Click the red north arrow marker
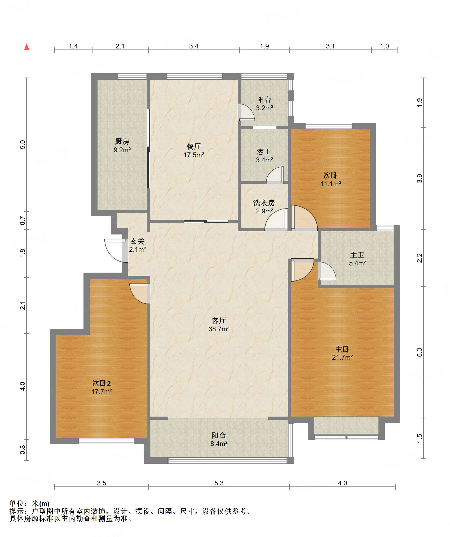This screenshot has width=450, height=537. click(x=27, y=47)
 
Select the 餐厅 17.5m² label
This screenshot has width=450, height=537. click(x=194, y=151)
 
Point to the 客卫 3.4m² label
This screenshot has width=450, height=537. click(x=264, y=156)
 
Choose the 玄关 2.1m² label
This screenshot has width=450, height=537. click(x=138, y=245)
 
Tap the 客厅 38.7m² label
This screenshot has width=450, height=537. click(x=219, y=325)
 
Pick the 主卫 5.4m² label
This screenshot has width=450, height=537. click(x=357, y=259)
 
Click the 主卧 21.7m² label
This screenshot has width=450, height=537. click(x=342, y=353)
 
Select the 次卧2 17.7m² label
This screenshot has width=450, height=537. click(x=102, y=387)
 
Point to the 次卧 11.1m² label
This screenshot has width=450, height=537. click(x=330, y=179)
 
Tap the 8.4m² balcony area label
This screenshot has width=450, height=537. click(x=219, y=444)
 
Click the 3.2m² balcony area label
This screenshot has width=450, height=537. click(x=264, y=108)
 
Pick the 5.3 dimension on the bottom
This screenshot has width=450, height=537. click(x=219, y=483)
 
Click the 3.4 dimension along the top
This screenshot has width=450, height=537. click(x=194, y=46)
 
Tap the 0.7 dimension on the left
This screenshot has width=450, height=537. click(x=23, y=220)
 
